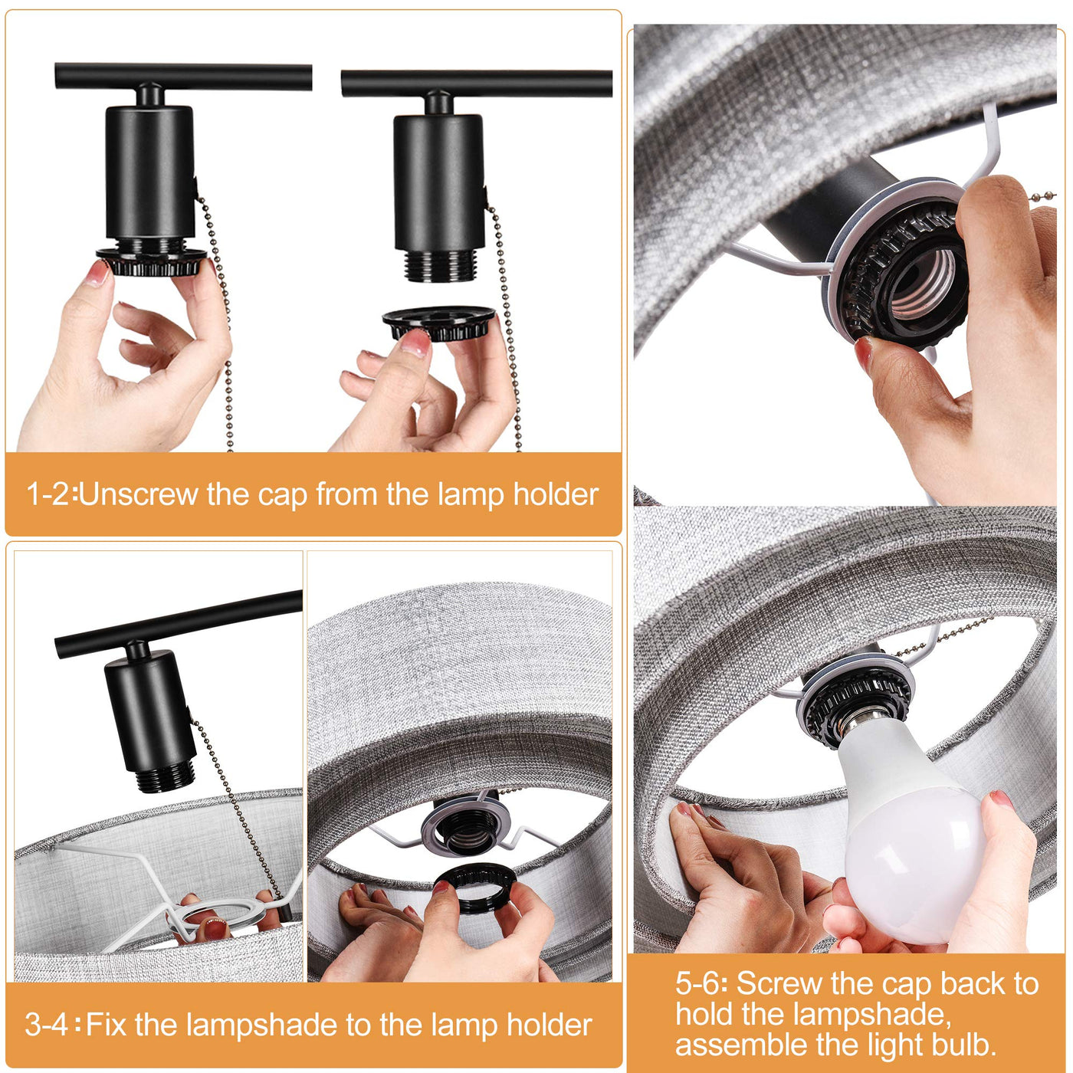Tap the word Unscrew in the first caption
tap(139, 494)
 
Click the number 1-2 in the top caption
tap(48, 494)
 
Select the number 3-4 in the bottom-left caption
tap(46, 1025)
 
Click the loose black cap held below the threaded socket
tap(438, 323)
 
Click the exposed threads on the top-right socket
tap(438, 266)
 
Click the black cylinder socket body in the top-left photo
tap(149, 172)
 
